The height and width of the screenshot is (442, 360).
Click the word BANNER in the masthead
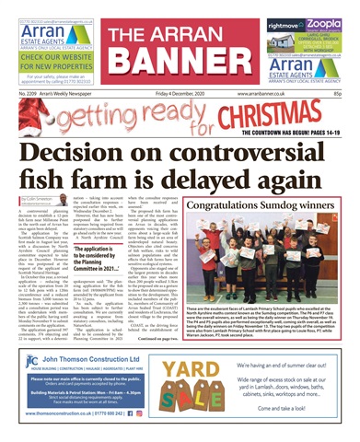[x=180, y=61]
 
